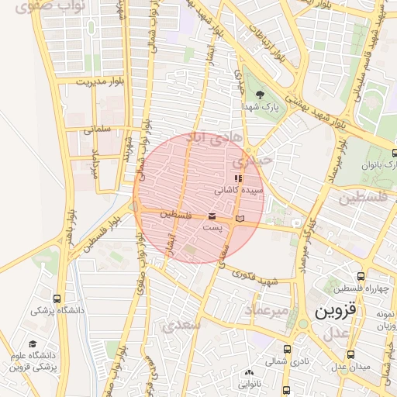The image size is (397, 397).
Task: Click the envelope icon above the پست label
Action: tap(212, 217)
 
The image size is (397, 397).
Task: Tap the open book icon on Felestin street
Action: tap(240, 219)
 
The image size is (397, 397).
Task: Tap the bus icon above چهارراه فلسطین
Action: tap(361, 276)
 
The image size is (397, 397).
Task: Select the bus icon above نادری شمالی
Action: tap(288, 350)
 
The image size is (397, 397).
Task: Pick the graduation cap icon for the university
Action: tap(33, 344)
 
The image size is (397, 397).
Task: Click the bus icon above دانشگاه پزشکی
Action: tap(57, 298)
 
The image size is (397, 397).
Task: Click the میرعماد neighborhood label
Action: tap(267, 310)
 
